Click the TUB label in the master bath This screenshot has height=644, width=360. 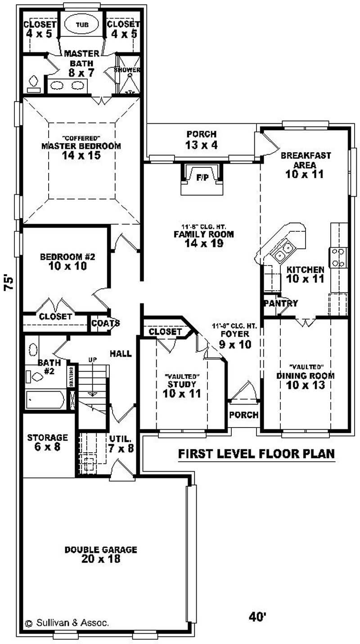click(79, 25)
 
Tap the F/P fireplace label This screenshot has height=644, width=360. click(202, 178)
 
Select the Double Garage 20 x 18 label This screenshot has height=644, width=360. click(100, 554)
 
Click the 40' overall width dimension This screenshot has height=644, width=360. click(257, 616)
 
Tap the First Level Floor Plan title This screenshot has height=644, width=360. click(256, 454)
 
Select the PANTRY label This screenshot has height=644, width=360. click(281, 303)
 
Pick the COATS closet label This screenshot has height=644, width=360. click(105, 323)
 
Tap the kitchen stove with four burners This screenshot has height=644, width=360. click(338, 257)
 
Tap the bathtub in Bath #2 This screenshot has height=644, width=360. click(45, 400)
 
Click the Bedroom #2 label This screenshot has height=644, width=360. click(67, 261)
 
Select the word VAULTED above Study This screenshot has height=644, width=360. click(182, 376)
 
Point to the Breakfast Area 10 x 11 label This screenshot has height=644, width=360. click(306, 165)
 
